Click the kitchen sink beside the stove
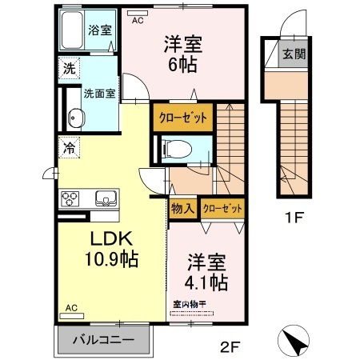[103, 198]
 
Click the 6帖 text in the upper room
[182, 65]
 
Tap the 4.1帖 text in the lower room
[207, 282]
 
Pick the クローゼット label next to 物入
[222, 208]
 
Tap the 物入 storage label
[182, 208]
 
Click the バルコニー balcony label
[102, 340]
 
